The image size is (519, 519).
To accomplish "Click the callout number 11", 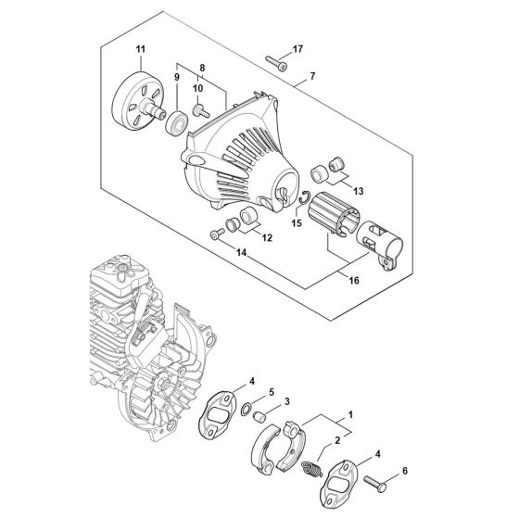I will [140, 48].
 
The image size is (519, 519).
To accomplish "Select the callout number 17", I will [297, 47].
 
